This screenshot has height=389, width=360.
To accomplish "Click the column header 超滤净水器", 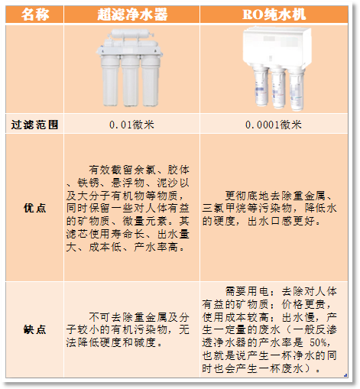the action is click(132, 15).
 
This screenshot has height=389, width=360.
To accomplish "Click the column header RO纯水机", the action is click(274, 15).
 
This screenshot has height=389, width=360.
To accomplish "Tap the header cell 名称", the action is click(35, 15).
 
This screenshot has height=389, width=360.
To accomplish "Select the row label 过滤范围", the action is click(34, 125).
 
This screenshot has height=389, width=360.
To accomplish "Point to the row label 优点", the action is click(34, 208).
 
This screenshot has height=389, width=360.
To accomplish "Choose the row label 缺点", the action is click(34, 329).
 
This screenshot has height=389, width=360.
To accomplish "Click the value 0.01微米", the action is click(131, 125).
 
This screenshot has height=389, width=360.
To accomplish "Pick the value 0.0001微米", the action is click(274, 125).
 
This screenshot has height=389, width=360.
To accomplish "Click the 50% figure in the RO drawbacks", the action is click(318, 342).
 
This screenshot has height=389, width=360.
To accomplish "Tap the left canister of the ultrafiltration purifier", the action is click(110, 81).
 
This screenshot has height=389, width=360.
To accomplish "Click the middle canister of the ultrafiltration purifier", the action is click(130, 81).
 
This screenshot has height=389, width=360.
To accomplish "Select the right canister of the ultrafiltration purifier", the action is click(150, 81).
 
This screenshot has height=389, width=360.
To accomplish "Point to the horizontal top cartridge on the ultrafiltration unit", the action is click(129, 34).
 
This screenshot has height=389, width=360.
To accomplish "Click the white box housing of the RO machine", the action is click(277, 47).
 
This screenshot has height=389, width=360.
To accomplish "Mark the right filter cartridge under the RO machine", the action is click(297, 89).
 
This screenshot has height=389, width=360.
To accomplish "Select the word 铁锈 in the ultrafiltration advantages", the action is click(89, 183).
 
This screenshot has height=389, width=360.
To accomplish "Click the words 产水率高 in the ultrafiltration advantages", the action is click(156, 247).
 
